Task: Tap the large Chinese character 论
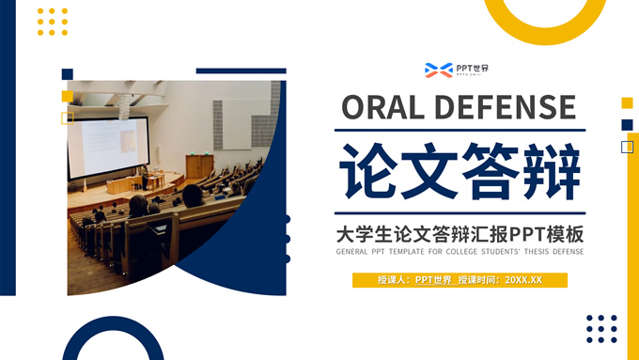click(x=368, y=171)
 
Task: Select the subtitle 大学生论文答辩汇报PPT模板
click(x=460, y=232)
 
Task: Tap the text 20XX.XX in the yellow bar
click(x=523, y=280)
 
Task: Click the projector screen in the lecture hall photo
click(x=107, y=148)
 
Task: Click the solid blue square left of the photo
click(x=67, y=74)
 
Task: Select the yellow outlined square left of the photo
click(x=67, y=117)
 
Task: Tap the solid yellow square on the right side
click(x=627, y=102)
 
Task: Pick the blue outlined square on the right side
click(x=627, y=147)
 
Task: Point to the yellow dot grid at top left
click(x=53, y=21)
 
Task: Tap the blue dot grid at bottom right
click(x=601, y=328)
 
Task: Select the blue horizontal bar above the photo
click(x=241, y=70)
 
